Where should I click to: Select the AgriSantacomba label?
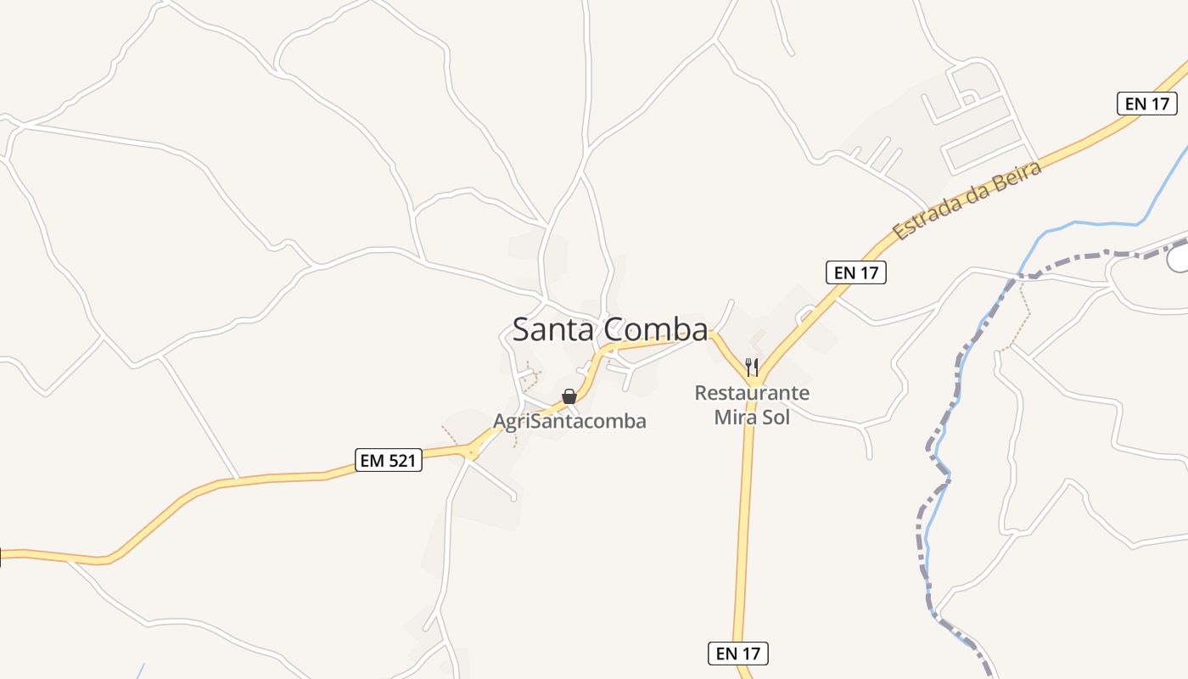pyautogui.click(x=569, y=421)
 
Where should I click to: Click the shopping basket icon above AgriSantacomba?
pyautogui.click(x=569, y=396)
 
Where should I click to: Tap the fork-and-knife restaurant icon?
pyautogui.click(x=751, y=367)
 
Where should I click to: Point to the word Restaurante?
pyautogui.click(x=752, y=393)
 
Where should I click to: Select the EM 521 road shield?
pyautogui.click(x=388, y=460)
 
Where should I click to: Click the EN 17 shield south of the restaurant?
pyautogui.click(x=737, y=653)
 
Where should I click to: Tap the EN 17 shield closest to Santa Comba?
pyautogui.click(x=855, y=272)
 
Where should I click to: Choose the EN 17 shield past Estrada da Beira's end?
pyautogui.click(x=1146, y=104)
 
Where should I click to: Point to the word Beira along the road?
pyautogui.click(x=1015, y=175)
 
